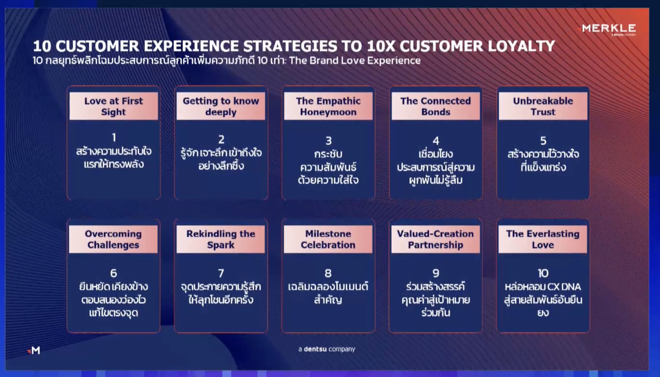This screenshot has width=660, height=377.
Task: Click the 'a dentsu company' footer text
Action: pos(327,349)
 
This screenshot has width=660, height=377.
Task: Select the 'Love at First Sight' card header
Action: pos(113,106)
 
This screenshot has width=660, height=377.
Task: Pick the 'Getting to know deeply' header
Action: pos(221,106)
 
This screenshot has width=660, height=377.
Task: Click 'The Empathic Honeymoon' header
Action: pos(328,106)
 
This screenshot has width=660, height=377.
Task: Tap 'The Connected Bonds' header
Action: pos(436,106)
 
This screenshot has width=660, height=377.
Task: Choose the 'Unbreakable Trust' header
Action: pos(543,106)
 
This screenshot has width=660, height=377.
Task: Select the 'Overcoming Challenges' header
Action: pos(113,239)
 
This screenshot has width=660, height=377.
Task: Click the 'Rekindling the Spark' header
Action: pos(221,239)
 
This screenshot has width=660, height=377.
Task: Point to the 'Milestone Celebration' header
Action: pos(328,239)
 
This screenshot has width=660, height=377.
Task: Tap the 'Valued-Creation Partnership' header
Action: pos(436,239)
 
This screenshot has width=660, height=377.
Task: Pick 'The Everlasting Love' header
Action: pos(543,239)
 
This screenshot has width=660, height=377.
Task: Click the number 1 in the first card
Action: pos(114,137)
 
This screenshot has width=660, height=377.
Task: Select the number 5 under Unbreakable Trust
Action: pos(543,140)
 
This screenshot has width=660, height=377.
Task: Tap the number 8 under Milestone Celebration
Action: pos(328,273)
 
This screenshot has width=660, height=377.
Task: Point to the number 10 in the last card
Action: pos(543,273)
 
